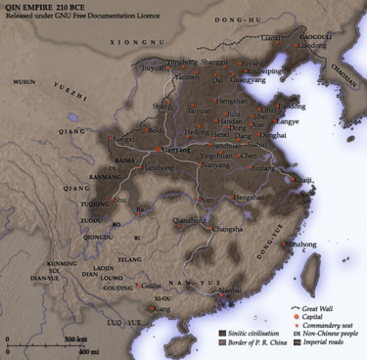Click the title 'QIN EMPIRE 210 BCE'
[x=43, y=8]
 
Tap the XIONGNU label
[x=136, y=42]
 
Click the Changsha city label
[x=227, y=229]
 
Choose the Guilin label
[x=150, y=286]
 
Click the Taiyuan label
[x=201, y=111]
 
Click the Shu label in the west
[x=119, y=200]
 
